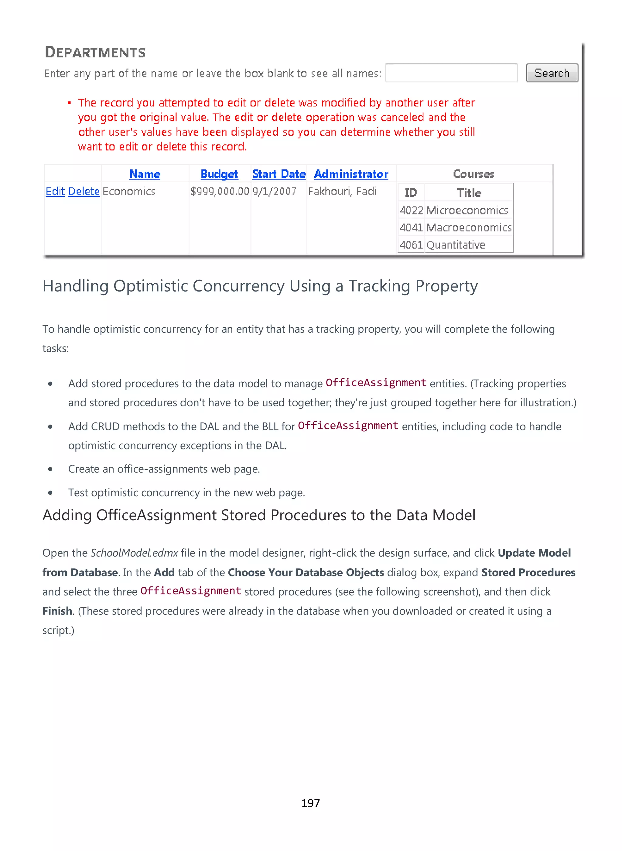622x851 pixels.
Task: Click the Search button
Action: (x=552, y=73)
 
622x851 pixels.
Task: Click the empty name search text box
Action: (x=451, y=73)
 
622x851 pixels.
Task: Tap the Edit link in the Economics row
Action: (x=55, y=191)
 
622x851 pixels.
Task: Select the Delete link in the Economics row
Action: (x=84, y=191)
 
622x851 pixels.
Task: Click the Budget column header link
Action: (x=219, y=174)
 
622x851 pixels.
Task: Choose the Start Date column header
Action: (x=279, y=174)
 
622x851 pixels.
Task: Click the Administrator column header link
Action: (x=351, y=174)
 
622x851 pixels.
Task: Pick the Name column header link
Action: (x=145, y=174)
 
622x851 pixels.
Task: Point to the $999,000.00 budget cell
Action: (x=220, y=191)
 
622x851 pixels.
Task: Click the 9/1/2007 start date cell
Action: (x=275, y=191)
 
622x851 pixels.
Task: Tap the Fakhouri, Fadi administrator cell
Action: (x=342, y=191)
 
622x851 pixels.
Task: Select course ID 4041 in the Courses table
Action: (x=411, y=227)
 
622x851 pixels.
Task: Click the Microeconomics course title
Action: (x=467, y=210)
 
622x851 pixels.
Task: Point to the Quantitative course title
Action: (x=456, y=245)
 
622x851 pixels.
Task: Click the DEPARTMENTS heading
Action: (x=95, y=52)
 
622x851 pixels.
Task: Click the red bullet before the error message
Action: (x=69, y=103)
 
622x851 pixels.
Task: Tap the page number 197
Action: (x=311, y=803)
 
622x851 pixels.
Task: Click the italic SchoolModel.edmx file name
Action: (x=134, y=553)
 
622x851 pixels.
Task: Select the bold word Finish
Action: (x=57, y=611)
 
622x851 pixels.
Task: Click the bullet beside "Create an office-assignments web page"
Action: (x=50, y=469)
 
